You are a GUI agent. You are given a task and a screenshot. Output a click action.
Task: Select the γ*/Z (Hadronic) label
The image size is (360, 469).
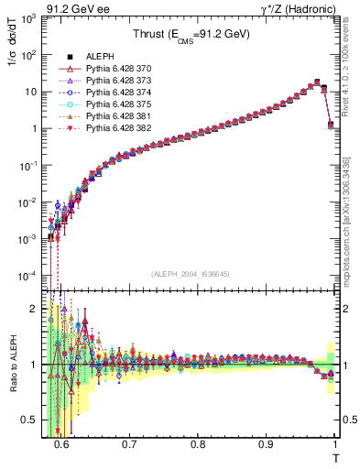(298, 8)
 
